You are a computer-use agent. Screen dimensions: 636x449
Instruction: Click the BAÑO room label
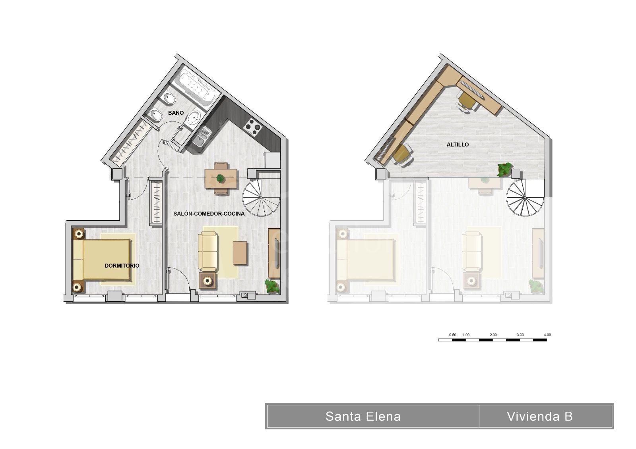pyautogui.click(x=176, y=113)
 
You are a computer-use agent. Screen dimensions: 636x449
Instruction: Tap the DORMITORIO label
pyautogui.click(x=122, y=266)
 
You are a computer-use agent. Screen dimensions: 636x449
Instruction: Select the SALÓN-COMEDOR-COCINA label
pyautogui.click(x=209, y=214)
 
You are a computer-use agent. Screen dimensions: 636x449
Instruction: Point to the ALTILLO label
pyautogui.click(x=458, y=145)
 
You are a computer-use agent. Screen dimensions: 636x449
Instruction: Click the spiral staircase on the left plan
pyautogui.click(x=261, y=197)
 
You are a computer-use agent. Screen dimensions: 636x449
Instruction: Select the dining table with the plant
pyautogui.click(x=221, y=179)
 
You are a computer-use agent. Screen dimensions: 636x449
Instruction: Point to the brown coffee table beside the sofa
pyautogui.click(x=240, y=253)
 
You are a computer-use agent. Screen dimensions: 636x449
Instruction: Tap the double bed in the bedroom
pyautogui.click(x=102, y=260)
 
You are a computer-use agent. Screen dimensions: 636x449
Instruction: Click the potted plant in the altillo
pyautogui.click(x=505, y=170)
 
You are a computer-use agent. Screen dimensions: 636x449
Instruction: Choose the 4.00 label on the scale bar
pyautogui.click(x=547, y=335)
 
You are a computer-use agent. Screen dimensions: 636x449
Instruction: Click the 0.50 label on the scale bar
pyautogui.click(x=452, y=335)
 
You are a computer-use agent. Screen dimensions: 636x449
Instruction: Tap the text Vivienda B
pyautogui.click(x=540, y=416)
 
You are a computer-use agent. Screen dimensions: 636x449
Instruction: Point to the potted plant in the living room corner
pyautogui.click(x=272, y=286)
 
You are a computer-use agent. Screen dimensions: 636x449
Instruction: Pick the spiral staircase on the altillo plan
pyautogui.click(x=525, y=197)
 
